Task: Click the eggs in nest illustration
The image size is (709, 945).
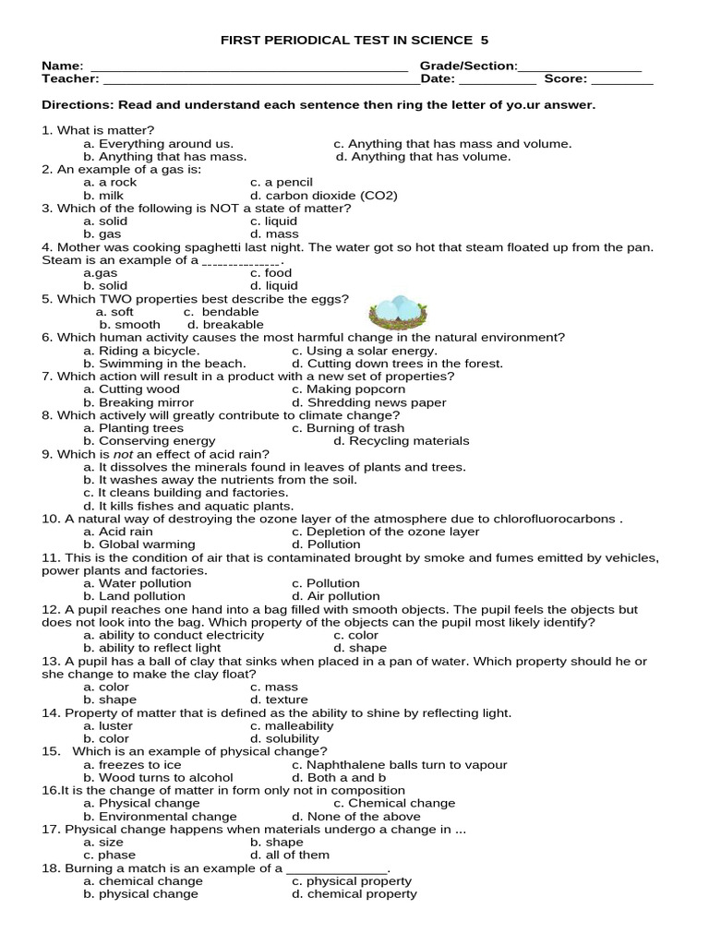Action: (x=398, y=313)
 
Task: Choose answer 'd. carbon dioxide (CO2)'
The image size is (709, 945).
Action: (x=323, y=196)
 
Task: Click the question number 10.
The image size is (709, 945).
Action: (x=51, y=519)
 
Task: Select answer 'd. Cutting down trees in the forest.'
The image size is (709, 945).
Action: (x=397, y=364)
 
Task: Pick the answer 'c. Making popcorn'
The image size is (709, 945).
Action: (x=348, y=389)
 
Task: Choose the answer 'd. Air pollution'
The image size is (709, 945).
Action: (x=335, y=596)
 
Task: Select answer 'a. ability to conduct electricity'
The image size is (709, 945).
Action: (x=167, y=635)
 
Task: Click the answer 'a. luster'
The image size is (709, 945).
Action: (x=108, y=725)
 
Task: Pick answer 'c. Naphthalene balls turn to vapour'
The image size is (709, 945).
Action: (x=399, y=764)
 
